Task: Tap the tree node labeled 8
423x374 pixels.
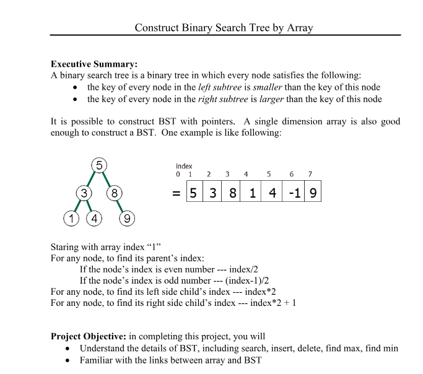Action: [x=114, y=193]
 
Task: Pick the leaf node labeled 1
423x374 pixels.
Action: [x=72, y=219]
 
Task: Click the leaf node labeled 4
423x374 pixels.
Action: [x=94, y=219]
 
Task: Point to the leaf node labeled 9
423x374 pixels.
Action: [x=126, y=219]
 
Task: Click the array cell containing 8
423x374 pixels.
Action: [x=233, y=193]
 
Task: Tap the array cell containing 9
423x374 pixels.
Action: [x=313, y=193]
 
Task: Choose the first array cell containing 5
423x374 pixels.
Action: [x=194, y=193]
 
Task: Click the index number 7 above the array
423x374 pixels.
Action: [x=310, y=175]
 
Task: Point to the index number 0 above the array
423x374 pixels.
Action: [x=178, y=175]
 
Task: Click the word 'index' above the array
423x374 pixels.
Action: [x=184, y=166]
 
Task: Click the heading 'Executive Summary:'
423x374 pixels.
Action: [x=94, y=64]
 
